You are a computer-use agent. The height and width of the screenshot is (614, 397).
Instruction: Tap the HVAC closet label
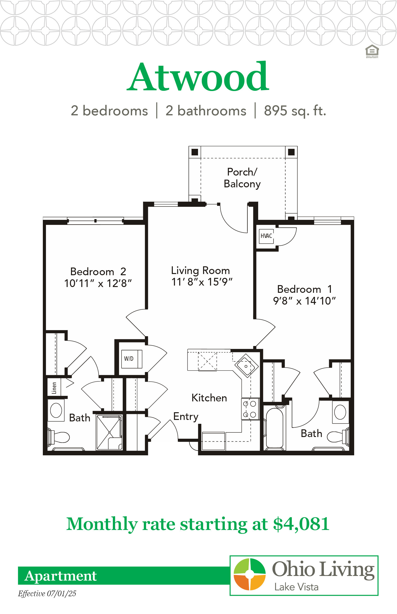click(x=266, y=236)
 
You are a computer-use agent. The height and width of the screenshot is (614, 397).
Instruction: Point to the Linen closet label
click(x=54, y=388)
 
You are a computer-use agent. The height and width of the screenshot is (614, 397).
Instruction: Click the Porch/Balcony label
click(x=242, y=178)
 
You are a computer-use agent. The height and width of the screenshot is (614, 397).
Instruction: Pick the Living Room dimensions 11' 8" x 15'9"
click(x=202, y=282)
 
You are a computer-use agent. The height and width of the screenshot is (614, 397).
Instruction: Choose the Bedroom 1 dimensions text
click(x=304, y=301)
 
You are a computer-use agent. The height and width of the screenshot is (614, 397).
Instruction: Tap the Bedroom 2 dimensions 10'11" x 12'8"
click(x=98, y=283)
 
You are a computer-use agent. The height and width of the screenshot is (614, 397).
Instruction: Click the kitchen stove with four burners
click(x=250, y=409)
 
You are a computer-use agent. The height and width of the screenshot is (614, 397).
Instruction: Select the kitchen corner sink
click(x=246, y=366)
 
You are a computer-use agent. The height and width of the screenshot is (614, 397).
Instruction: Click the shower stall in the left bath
click(x=109, y=432)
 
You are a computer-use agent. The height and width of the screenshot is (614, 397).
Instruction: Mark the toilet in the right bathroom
click(x=338, y=436)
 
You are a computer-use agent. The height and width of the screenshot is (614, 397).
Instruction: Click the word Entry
click(x=186, y=417)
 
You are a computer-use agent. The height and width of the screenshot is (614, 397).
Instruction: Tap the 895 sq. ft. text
click(x=295, y=111)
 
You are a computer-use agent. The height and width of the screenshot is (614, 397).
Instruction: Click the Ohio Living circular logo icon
click(x=250, y=574)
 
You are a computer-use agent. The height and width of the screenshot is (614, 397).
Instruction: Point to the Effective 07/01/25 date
click(x=47, y=594)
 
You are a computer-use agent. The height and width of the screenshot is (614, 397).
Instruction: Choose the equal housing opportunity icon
click(x=372, y=51)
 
